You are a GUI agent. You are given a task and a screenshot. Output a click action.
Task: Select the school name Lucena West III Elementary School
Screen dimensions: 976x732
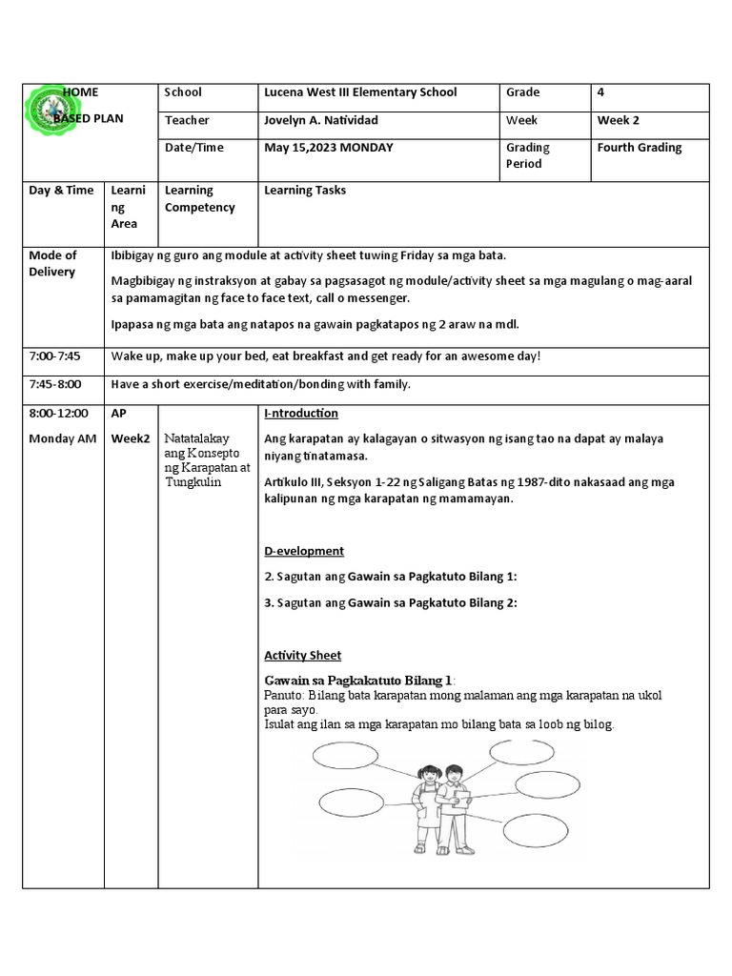tap(359, 92)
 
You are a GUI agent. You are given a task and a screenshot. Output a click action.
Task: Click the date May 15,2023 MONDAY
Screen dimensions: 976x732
tap(328, 148)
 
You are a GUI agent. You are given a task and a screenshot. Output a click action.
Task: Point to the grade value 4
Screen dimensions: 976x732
tap(600, 92)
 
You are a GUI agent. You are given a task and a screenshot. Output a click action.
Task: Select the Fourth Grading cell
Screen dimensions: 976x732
tap(639, 148)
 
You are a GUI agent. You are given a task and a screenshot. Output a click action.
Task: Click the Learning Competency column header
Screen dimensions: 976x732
tap(199, 199)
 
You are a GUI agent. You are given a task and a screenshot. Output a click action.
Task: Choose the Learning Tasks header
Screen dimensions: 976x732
tap(304, 191)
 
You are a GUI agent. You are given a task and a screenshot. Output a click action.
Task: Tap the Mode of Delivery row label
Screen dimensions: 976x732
tap(52, 264)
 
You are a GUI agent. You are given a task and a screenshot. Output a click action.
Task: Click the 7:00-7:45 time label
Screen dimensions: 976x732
tap(55, 356)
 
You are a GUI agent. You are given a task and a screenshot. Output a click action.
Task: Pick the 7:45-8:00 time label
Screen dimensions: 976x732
tap(55, 384)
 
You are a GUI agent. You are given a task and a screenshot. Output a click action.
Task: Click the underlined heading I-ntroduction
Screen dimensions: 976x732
tap(300, 414)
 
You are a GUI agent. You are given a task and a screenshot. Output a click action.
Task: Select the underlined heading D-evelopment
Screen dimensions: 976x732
tap(303, 551)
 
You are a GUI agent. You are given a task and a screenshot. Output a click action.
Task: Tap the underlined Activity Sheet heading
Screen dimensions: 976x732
tap(302, 656)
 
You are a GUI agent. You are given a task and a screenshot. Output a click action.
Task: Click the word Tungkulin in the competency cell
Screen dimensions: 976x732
tap(193, 481)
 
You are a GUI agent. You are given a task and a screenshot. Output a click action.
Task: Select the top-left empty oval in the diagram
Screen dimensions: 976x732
tap(346, 758)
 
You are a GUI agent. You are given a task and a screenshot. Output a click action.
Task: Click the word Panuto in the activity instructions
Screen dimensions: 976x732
tap(283, 696)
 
